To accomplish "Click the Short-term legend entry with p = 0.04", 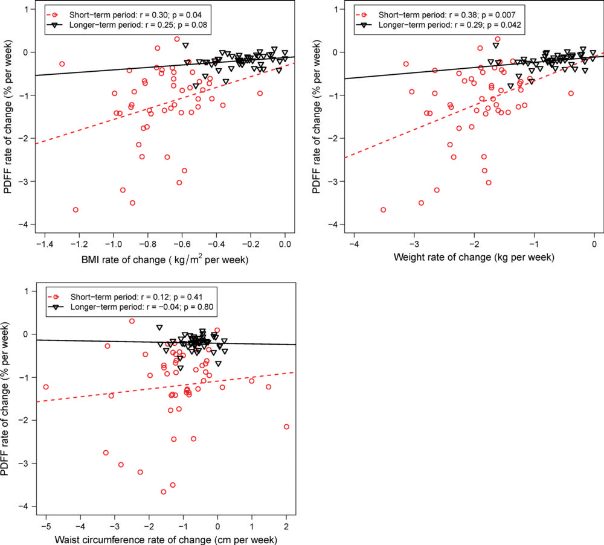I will click(x=119, y=14).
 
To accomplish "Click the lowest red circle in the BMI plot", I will click(x=75, y=209).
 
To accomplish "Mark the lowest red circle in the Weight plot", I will click(x=383, y=209).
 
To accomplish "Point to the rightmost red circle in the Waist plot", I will click(x=286, y=427).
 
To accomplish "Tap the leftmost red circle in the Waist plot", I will click(x=45, y=387).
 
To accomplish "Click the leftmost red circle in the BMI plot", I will click(x=62, y=63).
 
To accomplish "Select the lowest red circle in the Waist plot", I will click(x=163, y=492).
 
